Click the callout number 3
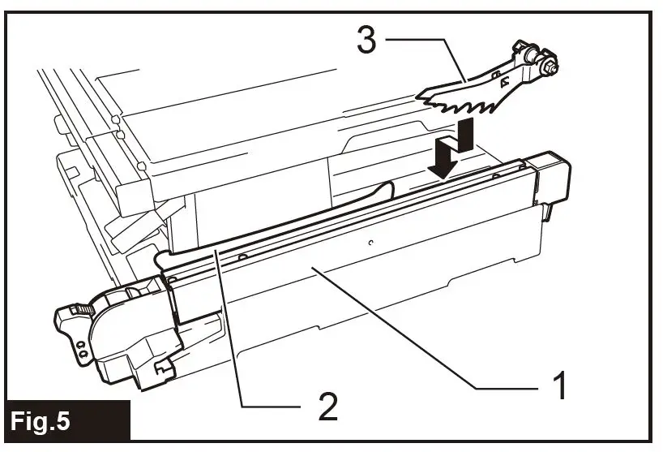coord(366,41)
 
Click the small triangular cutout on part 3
coord(504,80)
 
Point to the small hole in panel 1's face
coord(369,242)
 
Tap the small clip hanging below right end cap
coord(546,213)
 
